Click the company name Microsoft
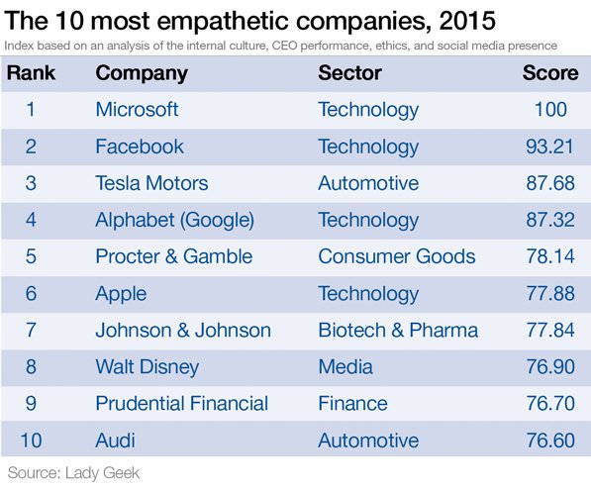pos(137,110)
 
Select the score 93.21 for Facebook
pos(546,147)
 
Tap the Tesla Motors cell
pos(151,183)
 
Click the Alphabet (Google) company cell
pos(174,220)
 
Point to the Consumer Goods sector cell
pos(396,256)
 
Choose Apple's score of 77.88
pos(546,293)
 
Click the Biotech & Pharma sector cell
pos(397,330)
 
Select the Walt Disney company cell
pos(147,367)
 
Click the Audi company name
pos(115,441)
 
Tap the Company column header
pos(143,73)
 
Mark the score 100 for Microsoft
pos(550,110)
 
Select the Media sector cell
pos(345,367)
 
